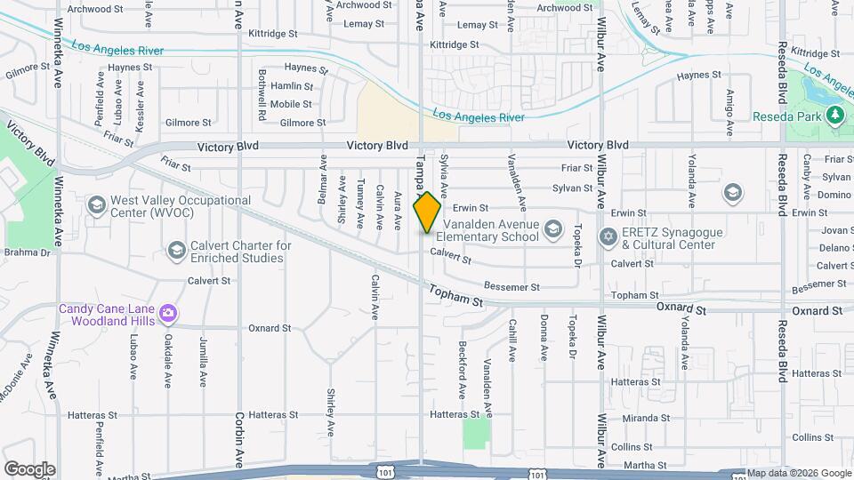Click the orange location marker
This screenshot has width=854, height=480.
[428, 212]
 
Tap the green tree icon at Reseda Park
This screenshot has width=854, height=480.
[834, 116]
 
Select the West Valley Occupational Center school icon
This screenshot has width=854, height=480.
[96, 206]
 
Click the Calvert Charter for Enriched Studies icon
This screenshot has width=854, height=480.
[176, 251]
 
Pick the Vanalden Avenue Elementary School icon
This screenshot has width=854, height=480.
[553, 230]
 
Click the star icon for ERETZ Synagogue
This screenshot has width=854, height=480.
[608, 237]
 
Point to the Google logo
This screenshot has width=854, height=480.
[28, 469]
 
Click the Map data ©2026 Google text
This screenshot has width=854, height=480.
[799, 473]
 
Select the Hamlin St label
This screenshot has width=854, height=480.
[292, 86]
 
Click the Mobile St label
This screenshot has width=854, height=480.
[291, 104]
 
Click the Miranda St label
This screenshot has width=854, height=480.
[646, 418]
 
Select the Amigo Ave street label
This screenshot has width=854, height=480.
[729, 113]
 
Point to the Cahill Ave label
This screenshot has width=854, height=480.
[512, 340]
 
